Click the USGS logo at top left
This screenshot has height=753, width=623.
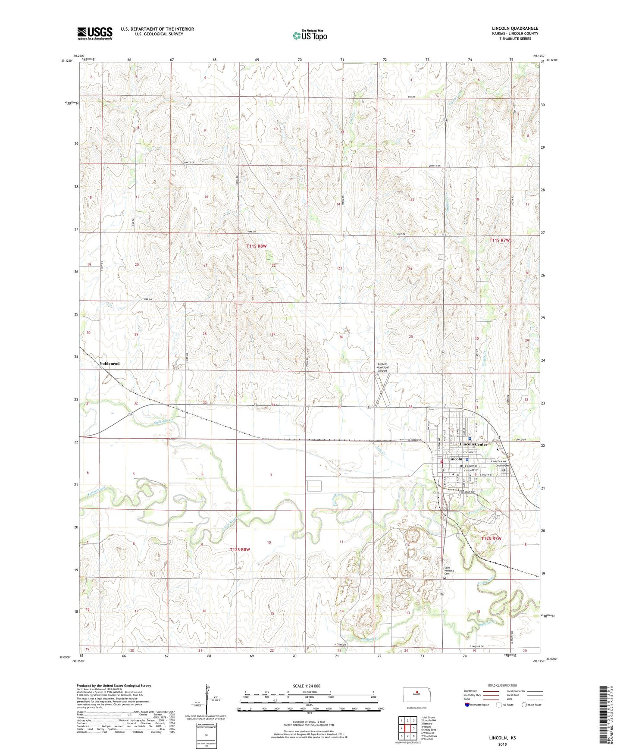click(94, 33)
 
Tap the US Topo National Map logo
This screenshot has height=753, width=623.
click(310, 35)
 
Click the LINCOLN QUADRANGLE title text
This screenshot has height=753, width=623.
click(515, 28)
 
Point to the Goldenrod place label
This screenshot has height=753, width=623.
click(110, 364)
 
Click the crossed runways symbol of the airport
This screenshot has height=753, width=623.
click(382, 389)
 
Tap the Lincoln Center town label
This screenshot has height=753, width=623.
click(473, 444)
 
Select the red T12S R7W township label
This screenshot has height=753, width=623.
click(492, 539)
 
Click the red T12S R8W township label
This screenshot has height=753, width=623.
click(240, 549)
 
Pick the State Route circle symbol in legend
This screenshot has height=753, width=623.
click(524, 705)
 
